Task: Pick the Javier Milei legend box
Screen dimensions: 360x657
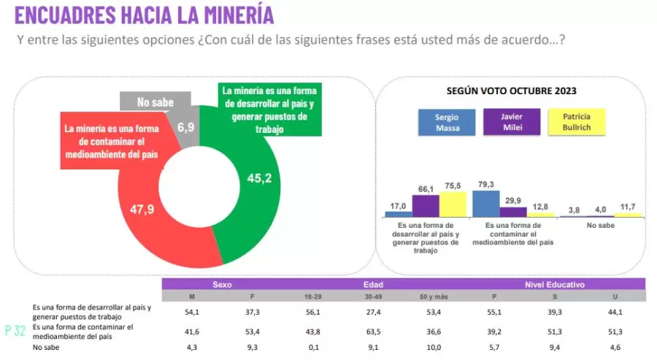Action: pos(511,122)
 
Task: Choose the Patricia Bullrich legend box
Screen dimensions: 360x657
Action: pos(577,122)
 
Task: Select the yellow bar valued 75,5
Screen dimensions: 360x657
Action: pos(453,204)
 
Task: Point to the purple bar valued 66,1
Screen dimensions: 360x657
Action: pos(426,206)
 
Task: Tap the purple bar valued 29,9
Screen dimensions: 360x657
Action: pos(513,212)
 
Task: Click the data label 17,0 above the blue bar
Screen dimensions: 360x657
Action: pos(399,205)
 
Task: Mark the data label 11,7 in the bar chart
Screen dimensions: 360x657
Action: pos(628,207)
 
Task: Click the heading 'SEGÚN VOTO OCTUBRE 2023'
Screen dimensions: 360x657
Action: pos(511,91)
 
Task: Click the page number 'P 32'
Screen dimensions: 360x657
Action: pos(15,331)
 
